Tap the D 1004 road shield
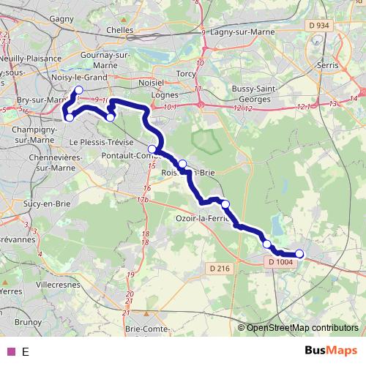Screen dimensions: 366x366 click(x=280, y=262)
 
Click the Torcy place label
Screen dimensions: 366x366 click(x=186, y=74)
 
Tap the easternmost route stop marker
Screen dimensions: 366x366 click(x=299, y=254)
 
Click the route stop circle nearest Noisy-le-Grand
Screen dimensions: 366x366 click(x=78, y=91)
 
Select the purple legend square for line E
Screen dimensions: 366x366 click(x=10, y=351)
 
